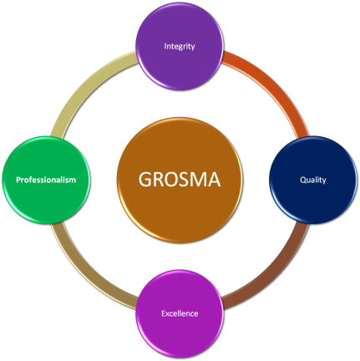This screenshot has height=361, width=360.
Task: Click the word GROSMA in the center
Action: pos(180,180)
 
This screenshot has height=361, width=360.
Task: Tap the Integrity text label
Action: pos(180,47)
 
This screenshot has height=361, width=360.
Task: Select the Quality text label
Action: pos(313,180)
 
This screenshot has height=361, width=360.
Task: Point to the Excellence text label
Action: pos(180,313)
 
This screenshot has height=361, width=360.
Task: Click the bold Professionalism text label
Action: pos(47,180)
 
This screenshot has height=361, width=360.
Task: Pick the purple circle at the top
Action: pos(180,33)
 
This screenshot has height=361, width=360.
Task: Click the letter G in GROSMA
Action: pos(145,180)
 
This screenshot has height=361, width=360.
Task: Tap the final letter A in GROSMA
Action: pos(215,180)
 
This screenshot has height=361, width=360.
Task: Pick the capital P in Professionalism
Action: pos(18,180)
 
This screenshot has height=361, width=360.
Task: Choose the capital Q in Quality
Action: pos(302,180)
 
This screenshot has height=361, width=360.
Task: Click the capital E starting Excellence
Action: pos(163,313)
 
